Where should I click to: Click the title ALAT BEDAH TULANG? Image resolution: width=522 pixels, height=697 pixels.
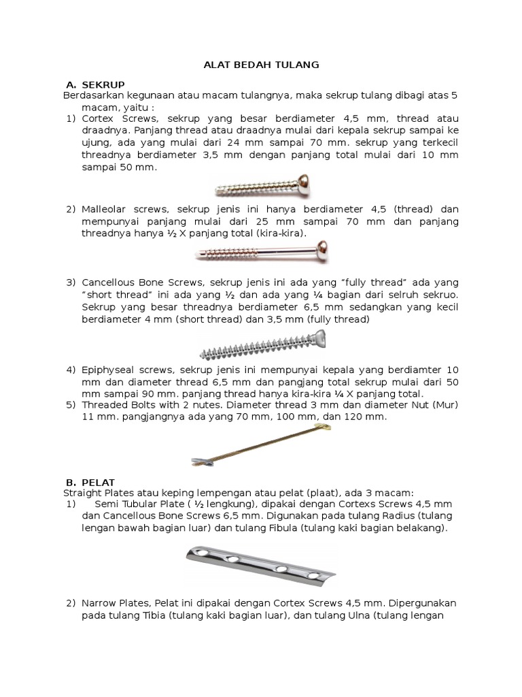262,65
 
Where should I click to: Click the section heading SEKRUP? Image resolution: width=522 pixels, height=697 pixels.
103,84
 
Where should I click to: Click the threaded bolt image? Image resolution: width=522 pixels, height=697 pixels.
262,445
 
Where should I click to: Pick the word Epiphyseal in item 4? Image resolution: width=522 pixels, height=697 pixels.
108,370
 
